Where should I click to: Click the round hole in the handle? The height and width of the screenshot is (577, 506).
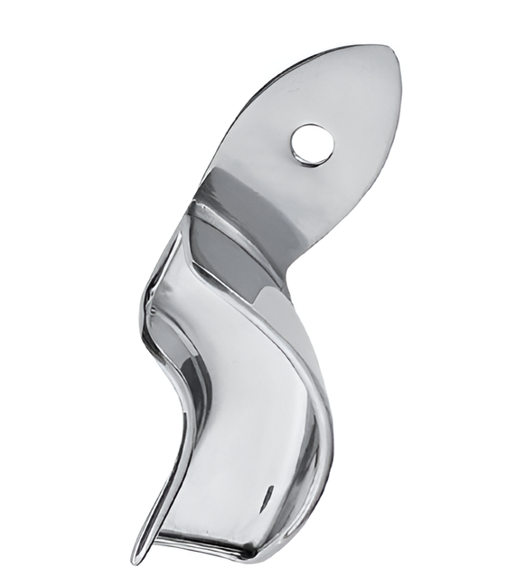[x=313, y=144]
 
